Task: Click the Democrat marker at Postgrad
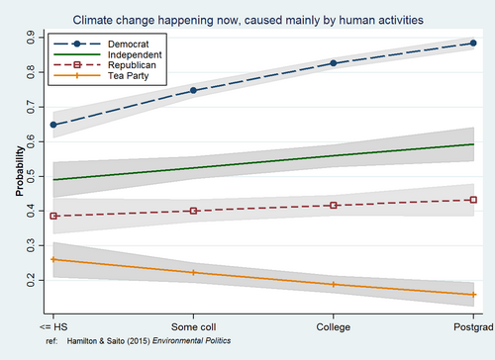473,43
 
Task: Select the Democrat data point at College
334,63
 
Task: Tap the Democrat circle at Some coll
193,90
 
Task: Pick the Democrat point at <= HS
53,125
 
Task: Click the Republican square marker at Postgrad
473,200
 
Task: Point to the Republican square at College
334,206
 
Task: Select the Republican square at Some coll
193,211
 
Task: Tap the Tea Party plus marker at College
334,284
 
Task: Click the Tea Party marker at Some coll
193,273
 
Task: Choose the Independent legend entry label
135,54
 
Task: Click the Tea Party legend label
128,76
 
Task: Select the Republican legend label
132,65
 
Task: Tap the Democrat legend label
128,45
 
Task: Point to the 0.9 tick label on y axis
31,38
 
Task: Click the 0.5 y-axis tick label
31,176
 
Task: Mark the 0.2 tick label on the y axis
31,280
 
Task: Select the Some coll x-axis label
193,327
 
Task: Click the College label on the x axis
334,327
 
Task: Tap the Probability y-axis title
20,171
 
